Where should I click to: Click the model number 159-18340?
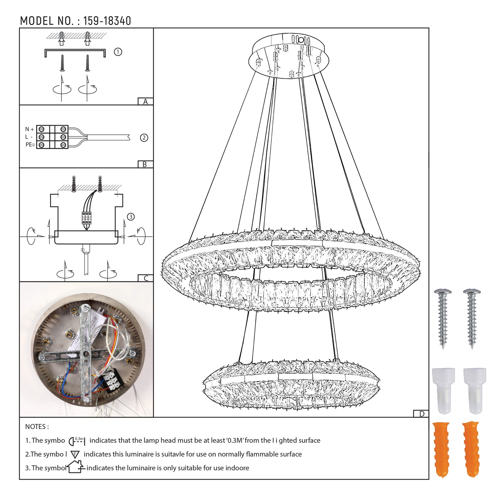(x=107, y=21)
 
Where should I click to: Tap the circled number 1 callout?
(x=118, y=52)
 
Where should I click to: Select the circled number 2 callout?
(x=144, y=138)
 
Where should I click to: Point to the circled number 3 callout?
(x=131, y=216)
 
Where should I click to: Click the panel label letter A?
(x=145, y=102)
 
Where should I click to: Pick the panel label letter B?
(x=145, y=164)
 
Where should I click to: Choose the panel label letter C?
(x=146, y=278)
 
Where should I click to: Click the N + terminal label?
(x=29, y=129)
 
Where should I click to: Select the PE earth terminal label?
(x=30, y=144)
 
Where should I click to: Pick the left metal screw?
(x=443, y=318)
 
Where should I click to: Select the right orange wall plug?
(x=471, y=449)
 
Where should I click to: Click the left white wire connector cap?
(x=443, y=391)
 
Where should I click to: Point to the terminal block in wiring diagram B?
(x=52, y=137)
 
